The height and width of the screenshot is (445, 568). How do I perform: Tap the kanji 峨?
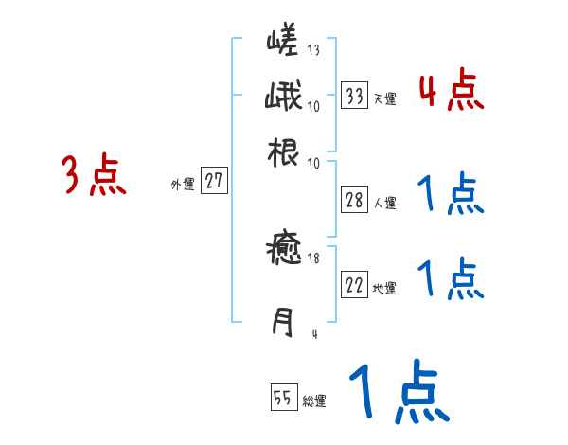[283, 98]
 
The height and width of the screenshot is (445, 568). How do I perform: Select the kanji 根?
[283, 151]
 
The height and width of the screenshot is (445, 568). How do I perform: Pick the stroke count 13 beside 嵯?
[313, 50]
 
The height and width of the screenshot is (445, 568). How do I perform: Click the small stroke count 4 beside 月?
[314, 333]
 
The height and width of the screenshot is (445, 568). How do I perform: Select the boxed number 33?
[355, 96]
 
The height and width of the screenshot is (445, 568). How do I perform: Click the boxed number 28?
[355, 200]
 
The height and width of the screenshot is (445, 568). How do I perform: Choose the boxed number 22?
[355, 286]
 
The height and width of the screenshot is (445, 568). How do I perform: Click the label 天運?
[385, 98]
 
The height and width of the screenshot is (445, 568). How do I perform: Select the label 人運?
[385, 202]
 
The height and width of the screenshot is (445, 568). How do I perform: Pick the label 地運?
[385, 289]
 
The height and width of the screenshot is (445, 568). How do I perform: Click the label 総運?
[314, 401]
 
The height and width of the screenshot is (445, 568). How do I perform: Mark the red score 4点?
[452, 92]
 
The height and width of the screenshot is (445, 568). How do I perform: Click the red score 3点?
[94, 176]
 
